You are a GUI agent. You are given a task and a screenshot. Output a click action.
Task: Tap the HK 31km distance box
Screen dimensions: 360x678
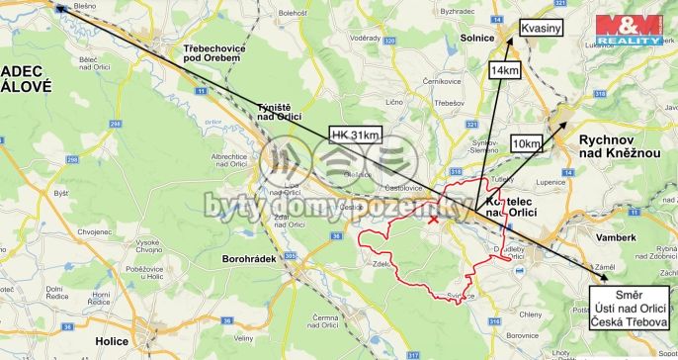pos(356,135)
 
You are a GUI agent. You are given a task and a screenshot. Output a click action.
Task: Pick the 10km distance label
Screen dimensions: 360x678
pos(526,143)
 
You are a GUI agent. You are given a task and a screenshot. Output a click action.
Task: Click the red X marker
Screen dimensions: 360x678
pos(433,220)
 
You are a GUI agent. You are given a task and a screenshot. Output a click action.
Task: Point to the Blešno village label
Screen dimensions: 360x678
pos(84,6)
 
